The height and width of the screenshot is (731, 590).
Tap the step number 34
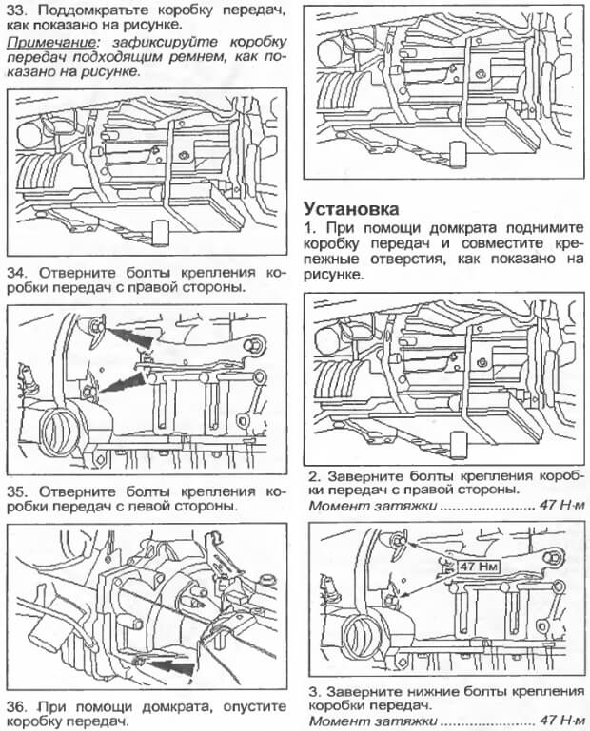[19, 271]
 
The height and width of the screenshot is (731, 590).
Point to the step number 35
[19, 491]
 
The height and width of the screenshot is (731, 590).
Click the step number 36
[19, 707]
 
